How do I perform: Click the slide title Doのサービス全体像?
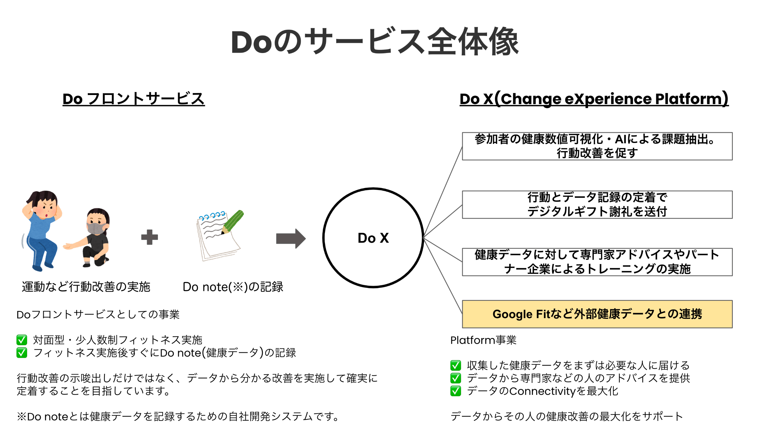point(375,42)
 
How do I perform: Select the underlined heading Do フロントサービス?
point(134,99)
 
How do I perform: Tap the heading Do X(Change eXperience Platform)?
point(594,99)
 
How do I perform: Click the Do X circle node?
point(373,238)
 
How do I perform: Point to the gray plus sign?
point(149,237)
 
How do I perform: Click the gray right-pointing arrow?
point(291,238)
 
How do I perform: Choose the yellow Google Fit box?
point(597,314)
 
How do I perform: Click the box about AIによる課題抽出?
point(597,146)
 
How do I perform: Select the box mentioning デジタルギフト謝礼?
point(597,205)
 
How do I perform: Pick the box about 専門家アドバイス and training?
point(597,262)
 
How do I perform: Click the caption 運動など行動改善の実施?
point(86,287)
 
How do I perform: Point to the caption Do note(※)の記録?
point(233,287)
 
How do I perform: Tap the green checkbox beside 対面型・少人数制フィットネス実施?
point(22,340)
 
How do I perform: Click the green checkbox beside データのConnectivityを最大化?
point(455,391)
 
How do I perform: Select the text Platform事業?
point(483,340)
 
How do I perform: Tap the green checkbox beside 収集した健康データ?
point(455,365)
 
